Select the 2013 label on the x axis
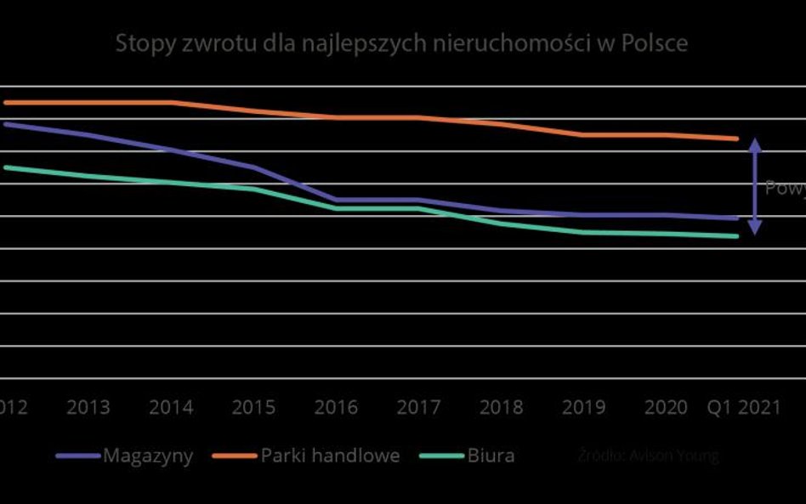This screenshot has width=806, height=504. coord(88,407)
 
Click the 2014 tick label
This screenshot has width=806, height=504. coord(171,407)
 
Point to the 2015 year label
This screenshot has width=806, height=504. coord(253,407)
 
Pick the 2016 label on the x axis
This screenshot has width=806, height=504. coord(336,407)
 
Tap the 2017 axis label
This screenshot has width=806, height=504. coord(418,407)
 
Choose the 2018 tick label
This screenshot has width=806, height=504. coord(501,407)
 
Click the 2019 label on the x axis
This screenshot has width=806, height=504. coord(583,407)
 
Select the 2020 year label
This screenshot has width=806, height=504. coord(666,407)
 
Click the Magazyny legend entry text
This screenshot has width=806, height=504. coord(148,456)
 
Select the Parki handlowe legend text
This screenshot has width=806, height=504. coord(330,456)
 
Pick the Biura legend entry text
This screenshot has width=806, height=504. coord(491,456)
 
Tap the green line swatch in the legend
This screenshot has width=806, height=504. coord(442,456)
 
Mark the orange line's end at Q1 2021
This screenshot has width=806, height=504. coord(736,139)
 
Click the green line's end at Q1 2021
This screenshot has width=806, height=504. coord(736,236)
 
